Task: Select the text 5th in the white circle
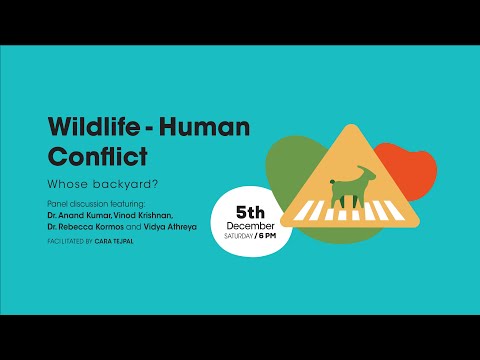249,212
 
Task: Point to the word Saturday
240,237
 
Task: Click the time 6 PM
265,237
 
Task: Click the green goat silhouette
345,188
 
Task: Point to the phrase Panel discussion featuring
88,203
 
